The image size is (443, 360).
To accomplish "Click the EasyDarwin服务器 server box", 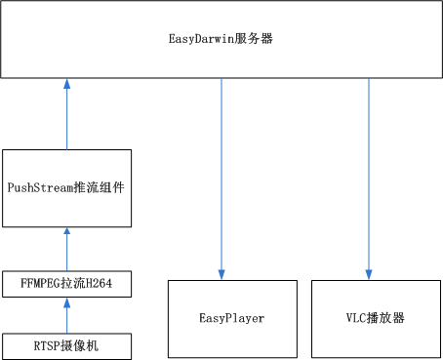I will click(221, 40).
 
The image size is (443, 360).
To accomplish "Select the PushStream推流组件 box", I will click(65, 188).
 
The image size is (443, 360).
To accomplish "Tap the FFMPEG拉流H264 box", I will click(65, 285).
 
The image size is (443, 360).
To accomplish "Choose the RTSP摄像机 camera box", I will click(65, 344).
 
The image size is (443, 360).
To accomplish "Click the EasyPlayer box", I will click(232, 317).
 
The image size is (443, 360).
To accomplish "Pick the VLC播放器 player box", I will click(376, 317).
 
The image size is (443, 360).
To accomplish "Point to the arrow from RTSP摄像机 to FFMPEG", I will click(66, 316).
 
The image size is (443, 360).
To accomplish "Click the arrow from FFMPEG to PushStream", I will click(66, 249).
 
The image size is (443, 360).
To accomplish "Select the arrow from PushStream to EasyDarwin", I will click(66, 115).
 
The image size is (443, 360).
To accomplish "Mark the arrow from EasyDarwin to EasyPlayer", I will click(221, 176).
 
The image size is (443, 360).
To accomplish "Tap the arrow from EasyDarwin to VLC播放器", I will click(369, 176).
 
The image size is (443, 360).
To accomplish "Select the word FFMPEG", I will click(39, 285).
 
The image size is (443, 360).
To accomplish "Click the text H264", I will click(101, 285).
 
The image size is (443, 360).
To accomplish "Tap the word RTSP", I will click(45, 344).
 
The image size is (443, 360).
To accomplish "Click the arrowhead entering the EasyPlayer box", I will click(221, 274).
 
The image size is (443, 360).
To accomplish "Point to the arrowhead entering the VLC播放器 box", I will click(369, 274).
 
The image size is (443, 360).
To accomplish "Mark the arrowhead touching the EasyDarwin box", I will click(66, 85).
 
